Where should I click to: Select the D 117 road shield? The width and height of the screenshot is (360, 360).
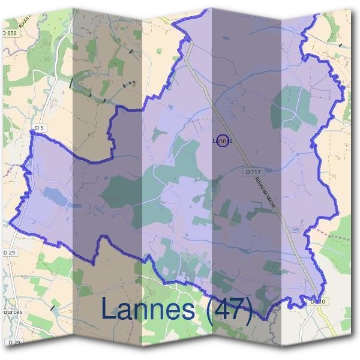point(253,172)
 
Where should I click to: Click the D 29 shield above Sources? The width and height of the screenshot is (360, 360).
point(9,253)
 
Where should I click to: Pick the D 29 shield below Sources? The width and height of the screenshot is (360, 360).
point(14,342)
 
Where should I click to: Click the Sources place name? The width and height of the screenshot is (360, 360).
point(11,313)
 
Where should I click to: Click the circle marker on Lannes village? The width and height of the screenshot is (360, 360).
point(222,140)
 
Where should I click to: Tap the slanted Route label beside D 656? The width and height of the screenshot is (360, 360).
point(25,22)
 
